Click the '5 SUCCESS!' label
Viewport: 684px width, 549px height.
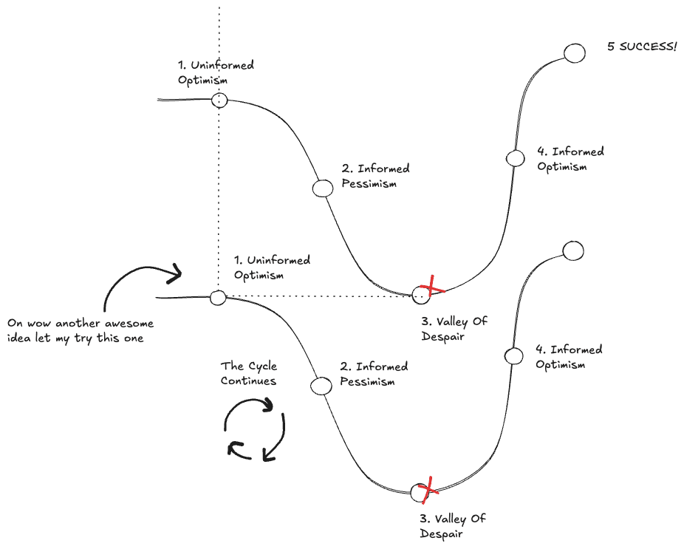642,47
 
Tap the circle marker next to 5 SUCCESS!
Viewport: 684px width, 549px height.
575,53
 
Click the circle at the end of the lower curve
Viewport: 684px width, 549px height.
573,250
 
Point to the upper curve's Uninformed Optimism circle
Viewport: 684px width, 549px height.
219,100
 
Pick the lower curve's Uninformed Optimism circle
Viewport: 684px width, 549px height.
218,298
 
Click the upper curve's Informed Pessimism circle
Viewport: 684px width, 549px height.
323,188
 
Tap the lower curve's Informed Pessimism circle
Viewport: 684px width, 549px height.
321,386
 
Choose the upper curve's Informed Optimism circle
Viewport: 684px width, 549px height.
514,157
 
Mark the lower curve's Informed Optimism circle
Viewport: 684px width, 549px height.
513,355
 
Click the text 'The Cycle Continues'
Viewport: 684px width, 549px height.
249,373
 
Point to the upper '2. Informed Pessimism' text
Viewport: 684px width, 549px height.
375,176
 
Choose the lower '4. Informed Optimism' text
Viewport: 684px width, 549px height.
568,357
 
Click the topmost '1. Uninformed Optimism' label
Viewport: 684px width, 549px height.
216,72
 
